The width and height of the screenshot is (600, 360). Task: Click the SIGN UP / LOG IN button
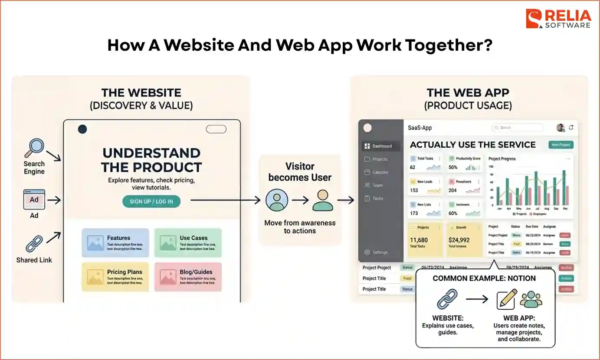tap(151, 201)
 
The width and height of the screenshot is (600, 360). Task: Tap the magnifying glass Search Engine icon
tap(33, 149)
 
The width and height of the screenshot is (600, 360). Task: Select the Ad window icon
tap(34, 200)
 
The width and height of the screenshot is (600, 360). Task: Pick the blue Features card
tap(115, 242)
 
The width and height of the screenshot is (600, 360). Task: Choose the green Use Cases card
tap(188, 242)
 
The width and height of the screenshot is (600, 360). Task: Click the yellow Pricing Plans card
tap(115, 276)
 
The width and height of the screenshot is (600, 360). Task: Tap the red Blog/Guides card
tap(188, 276)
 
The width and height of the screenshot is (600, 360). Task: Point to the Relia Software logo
tap(558, 19)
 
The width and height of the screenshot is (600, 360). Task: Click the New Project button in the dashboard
tap(561, 145)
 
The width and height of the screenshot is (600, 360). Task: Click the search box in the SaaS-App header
tap(517, 128)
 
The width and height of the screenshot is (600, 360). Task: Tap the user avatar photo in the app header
tap(560, 128)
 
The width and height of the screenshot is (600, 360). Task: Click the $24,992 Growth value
tap(459, 240)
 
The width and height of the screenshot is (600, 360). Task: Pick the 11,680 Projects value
tap(419, 240)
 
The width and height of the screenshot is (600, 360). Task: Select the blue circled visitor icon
tap(276, 200)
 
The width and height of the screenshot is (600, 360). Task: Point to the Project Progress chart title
tap(502, 159)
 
